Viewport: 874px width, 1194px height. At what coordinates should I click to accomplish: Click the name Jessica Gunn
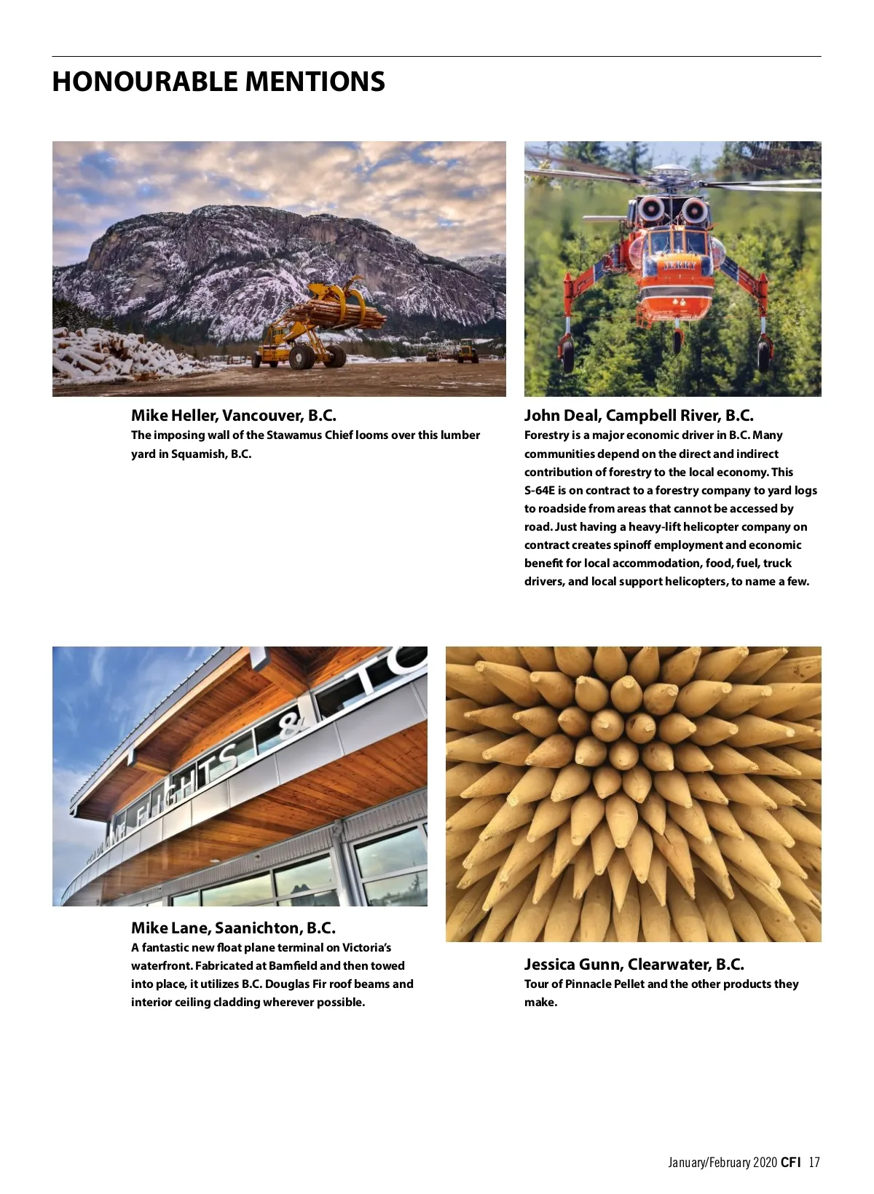pos(572,965)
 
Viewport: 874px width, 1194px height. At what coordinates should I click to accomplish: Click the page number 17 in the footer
pos(814,1162)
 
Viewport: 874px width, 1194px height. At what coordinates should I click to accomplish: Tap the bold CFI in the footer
pos(790,1162)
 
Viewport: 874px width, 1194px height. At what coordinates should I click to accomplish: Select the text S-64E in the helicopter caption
pos(540,491)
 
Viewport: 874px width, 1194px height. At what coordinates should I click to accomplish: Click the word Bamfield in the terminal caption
pos(292,966)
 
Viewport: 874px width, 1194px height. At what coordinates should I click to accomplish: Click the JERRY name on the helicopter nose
pos(680,266)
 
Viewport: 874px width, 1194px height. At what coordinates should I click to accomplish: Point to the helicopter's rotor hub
pos(672,175)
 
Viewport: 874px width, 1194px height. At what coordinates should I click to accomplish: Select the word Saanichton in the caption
pos(258,928)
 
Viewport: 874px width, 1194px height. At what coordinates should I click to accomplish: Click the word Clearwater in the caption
pos(667,965)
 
